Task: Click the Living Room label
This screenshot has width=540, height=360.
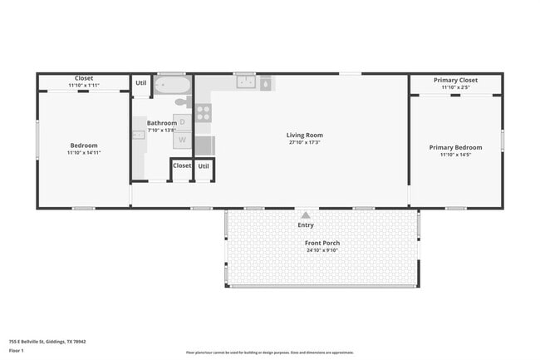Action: click(x=304, y=135)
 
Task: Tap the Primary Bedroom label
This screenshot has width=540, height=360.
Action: click(x=455, y=147)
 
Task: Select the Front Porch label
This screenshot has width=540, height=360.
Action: click(x=322, y=243)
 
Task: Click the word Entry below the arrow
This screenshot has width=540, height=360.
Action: click(x=306, y=225)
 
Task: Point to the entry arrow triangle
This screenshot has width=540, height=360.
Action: click(x=306, y=215)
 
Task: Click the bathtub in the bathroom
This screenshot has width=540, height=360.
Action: click(x=173, y=85)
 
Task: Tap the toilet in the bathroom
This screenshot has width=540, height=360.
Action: click(x=181, y=104)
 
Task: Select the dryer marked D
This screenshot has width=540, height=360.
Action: click(x=183, y=122)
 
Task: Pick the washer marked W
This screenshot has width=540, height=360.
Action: click(x=183, y=139)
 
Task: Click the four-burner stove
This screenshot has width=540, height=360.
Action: click(x=204, y=113)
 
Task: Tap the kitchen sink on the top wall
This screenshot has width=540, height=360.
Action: click(x=245, y=82)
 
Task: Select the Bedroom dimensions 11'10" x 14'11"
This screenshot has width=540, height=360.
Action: click(x=83, y=153)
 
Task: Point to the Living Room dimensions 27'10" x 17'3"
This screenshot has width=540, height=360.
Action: click(x=304, y=143)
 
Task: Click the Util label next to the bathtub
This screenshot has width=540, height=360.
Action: click(x=141, y=82)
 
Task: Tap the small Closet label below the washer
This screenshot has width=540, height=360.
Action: click(x=182, y=165)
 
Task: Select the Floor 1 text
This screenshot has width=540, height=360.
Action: click(x=17, y=350)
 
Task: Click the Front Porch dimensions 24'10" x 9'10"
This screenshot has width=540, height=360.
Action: click(x=322, y=250)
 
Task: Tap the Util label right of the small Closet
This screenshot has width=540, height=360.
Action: click(x=204, y=165)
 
